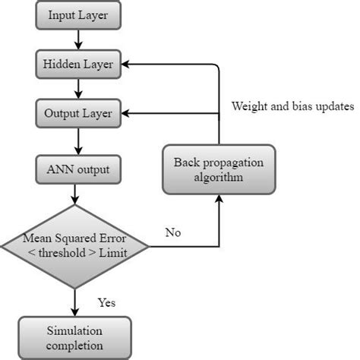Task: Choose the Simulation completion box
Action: pyautogui.click(x=74, y=339)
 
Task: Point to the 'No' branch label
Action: pyautogui.click(x=173, y=233)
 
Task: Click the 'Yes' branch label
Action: pyautogui.click(x=107, y=302)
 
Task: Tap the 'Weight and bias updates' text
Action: pyautogui.click(x=292, y=106)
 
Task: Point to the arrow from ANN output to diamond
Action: pyautogui.click(x=74, y=194)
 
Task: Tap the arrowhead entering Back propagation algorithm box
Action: pyautogui.click(x=219, y=199)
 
